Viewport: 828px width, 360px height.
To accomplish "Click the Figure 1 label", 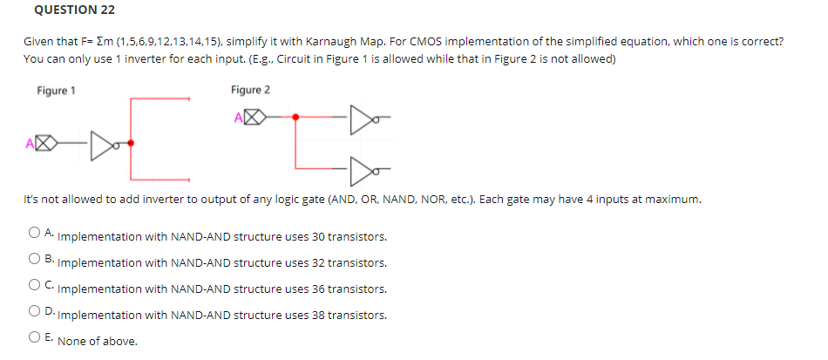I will [56, 90].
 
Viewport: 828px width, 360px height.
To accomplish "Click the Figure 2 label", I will [250, 90].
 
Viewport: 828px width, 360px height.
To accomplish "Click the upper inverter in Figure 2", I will [360, 116].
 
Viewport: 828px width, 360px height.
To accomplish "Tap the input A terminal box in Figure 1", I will [48, 141].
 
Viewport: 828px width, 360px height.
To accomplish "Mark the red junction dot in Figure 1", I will [131, 141].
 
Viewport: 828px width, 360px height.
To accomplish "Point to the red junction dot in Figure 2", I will [295, 116].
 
